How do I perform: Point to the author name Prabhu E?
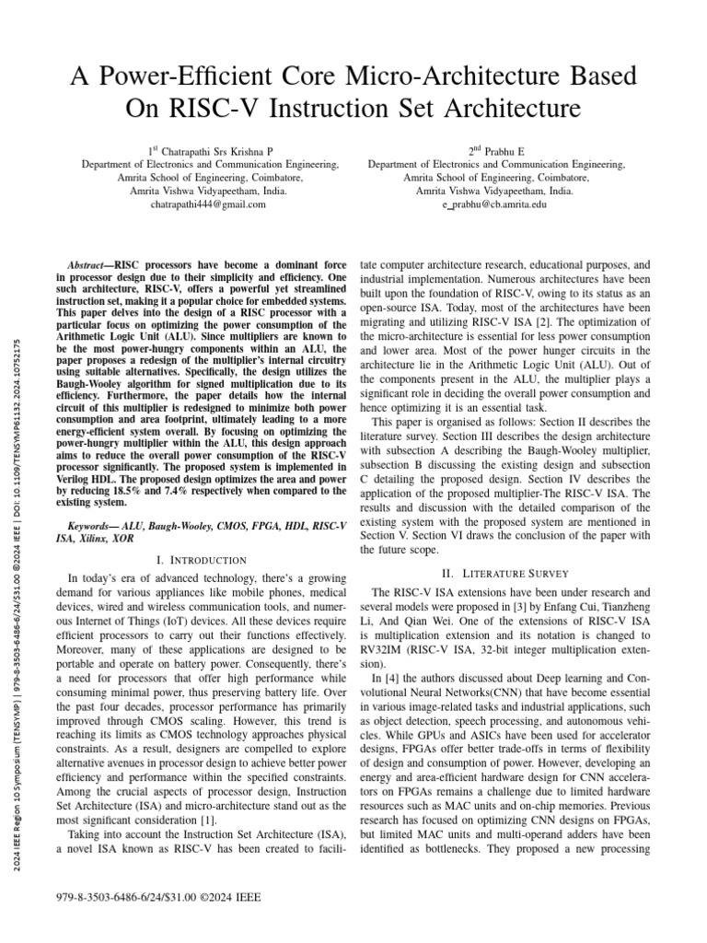(503, 150)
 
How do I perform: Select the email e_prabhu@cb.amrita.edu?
(495, 204)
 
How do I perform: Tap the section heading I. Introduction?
(202, 560)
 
